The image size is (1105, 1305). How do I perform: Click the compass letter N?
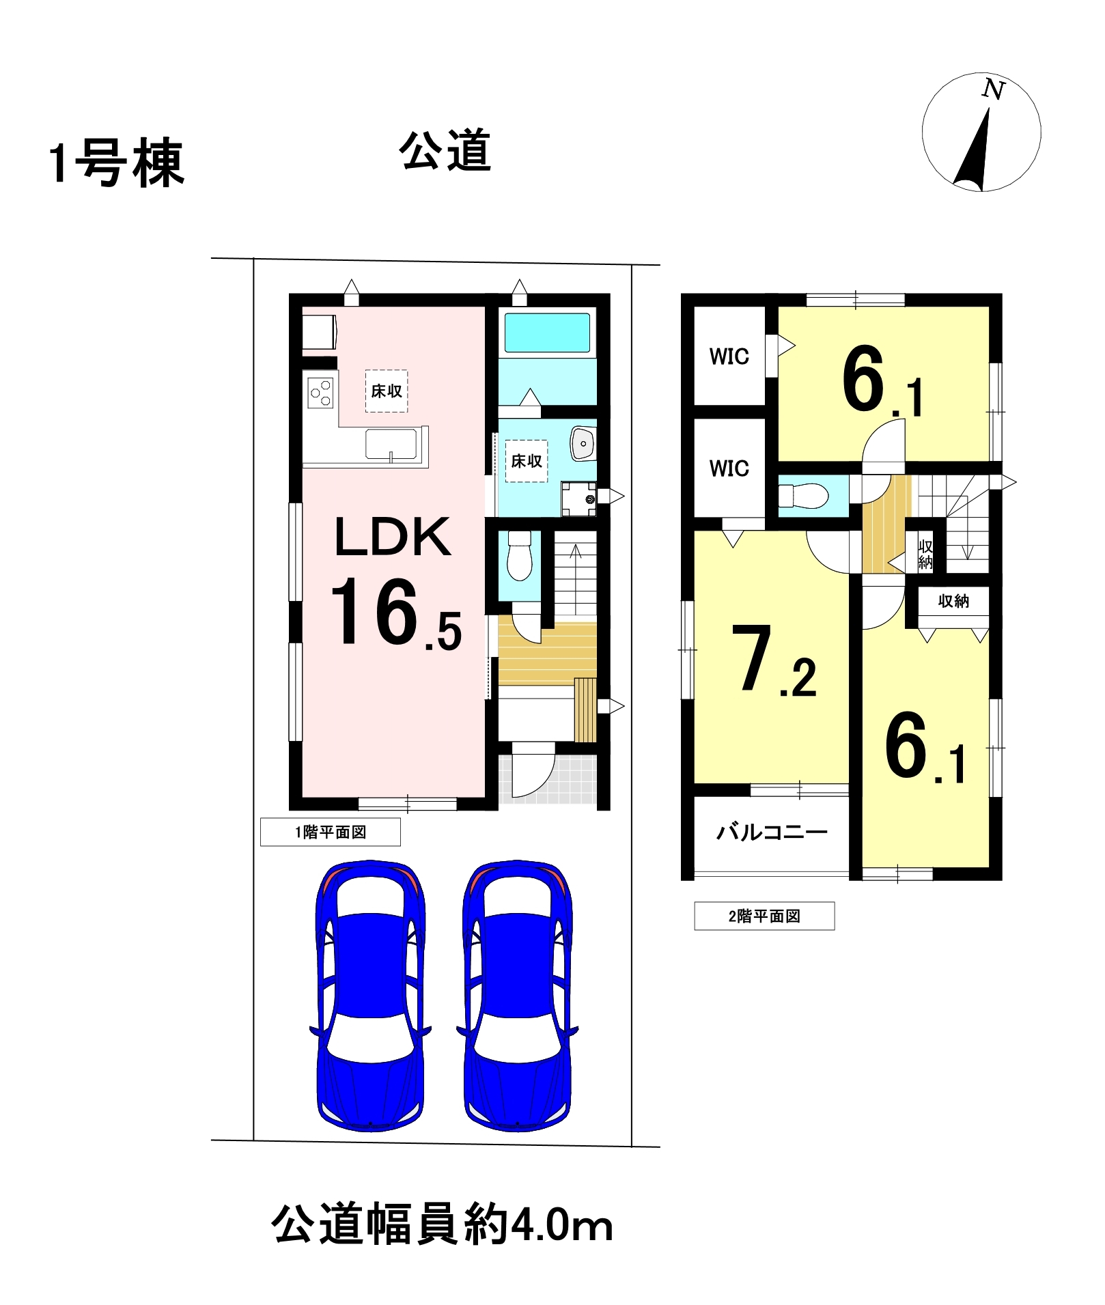pos(994,89)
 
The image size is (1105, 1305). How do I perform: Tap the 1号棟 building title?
pos(116,163)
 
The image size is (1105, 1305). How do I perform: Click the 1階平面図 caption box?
pos(331,832)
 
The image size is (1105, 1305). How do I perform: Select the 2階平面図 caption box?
pos(764,916)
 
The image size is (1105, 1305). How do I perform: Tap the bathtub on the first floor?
pos(547,333)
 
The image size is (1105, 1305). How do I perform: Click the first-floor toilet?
pos(520,556)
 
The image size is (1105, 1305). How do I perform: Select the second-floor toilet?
pos(804,495)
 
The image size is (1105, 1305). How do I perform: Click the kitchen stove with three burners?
pos(320,393)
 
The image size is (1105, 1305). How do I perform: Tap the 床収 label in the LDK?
pos(387,391)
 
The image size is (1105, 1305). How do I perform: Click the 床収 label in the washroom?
pos(527,462)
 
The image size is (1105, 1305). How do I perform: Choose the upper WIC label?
pos(729,356)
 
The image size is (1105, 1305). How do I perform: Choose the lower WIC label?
pos(729,468)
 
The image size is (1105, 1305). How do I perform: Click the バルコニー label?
pos(772,832)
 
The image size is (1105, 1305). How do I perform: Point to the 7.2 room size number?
pos(774,660)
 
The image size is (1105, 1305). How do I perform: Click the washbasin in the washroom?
pos(583,444)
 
